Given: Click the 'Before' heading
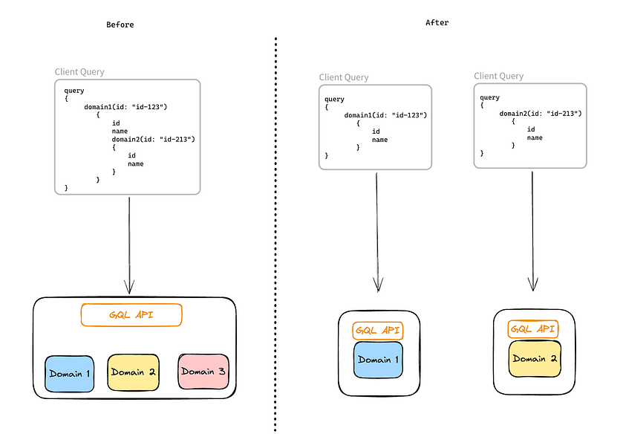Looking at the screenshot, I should [x=120, y=25].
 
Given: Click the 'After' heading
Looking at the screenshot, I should [x=437, y=22].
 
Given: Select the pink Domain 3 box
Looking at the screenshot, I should [x=203, y=372].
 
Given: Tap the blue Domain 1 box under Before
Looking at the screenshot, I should [x=70, y=374].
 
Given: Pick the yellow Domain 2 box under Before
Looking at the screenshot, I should [x=132, y=372].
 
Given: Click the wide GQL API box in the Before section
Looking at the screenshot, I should [x=131, y=314].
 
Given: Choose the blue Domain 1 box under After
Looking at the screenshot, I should [x=378, y=360].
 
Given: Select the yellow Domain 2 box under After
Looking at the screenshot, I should [x=534, y=359].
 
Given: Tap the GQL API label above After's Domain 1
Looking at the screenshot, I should [x=379, y=330].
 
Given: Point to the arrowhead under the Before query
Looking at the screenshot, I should [x=130, y=288].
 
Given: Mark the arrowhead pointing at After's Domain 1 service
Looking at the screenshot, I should [x=378, y=285].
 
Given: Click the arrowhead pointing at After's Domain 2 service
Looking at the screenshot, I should [x=532, y=285].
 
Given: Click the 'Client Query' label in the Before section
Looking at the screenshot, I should [x=79, y=72].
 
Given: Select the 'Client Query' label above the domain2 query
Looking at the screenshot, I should [x=498, y=76].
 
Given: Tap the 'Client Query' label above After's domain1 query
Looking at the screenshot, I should [x=344, y=77].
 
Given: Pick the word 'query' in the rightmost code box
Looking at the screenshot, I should [x=490, y=97].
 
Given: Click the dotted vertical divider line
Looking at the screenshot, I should [x=275, y=223].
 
